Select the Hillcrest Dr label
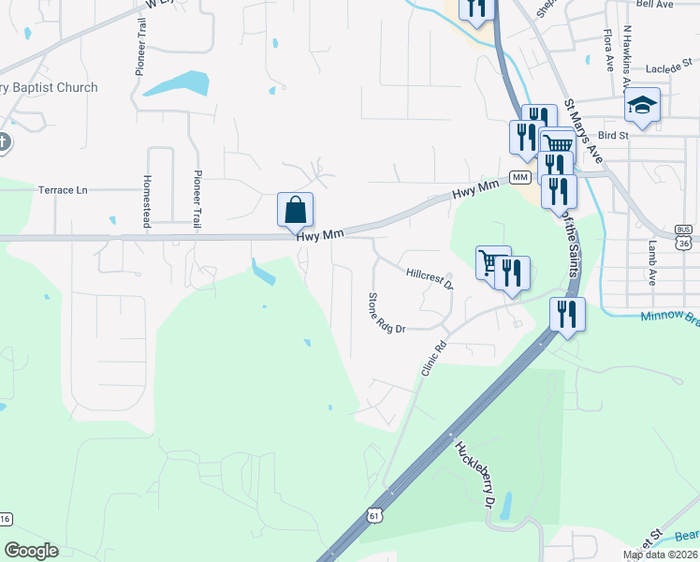pyautogui.click(x=430, y=278)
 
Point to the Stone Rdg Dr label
pyautogui.click(x=386, y=314)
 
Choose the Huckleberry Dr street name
pyautogui.click(x=474, y=474)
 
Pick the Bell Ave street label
pyautogui.click(x=654, y=5)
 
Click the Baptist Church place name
pyautogui.click(x=49, y=88)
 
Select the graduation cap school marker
pyautogui.click(x=642, y=106)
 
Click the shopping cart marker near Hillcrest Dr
pyautogui.click(x=492, y=261)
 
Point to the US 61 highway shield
pyautogui.click(x=374, y=515)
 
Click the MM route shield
pyautogui.click(x=520, y=177)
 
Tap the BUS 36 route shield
pyautogui.click(x=683, y=237)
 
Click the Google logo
pyautogui.click(x=31, y=551)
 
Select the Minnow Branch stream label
pyautogui.click(x=669, y=317)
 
